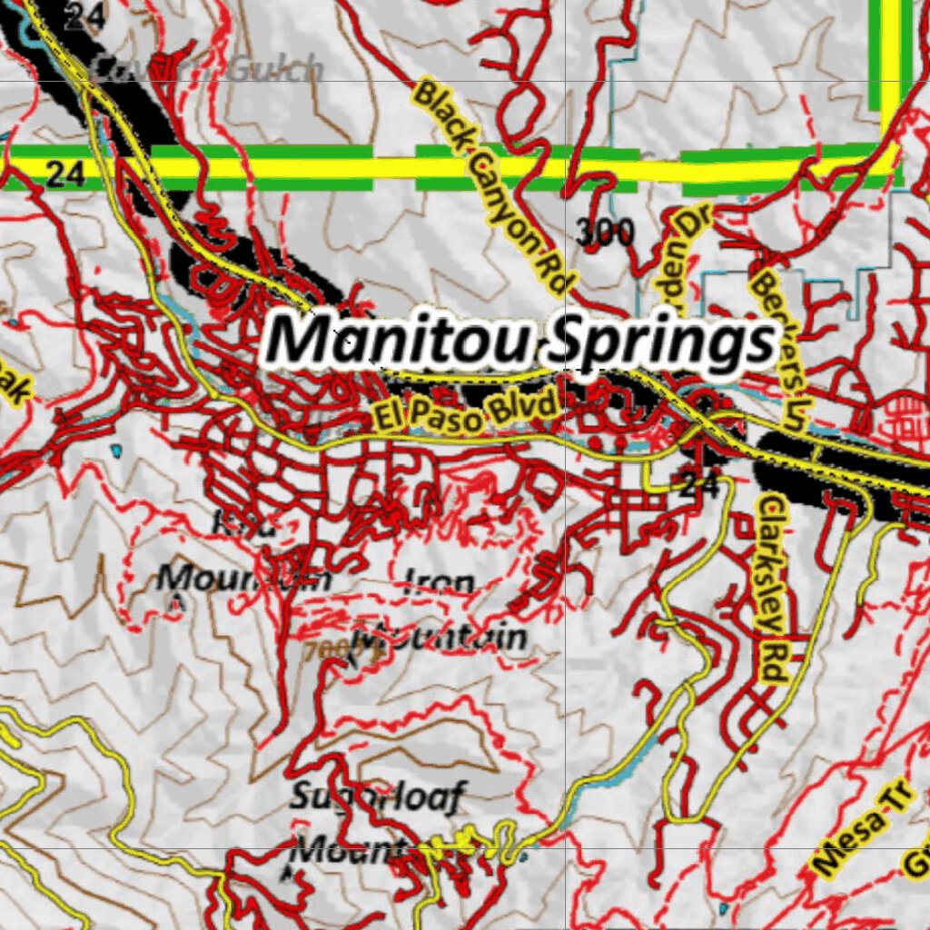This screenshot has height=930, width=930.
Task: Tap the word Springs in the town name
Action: click(x=664, y=343)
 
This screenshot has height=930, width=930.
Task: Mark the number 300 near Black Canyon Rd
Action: click(x=605, y=234)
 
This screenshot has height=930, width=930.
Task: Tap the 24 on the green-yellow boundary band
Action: click(x=65, y=173)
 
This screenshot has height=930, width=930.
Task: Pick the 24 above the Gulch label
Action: click(x=84, y=15)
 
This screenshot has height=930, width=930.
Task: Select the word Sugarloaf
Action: click(x=377, y=797)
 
